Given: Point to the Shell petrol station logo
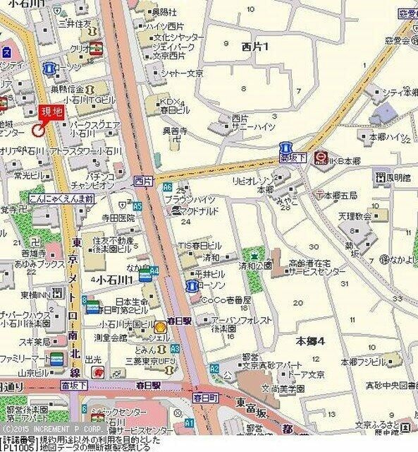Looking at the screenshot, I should click(161, 326).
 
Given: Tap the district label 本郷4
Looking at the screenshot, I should click(310, 340).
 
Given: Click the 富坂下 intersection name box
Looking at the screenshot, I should click(74, 386).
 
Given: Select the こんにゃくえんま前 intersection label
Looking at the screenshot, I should click(62, 198).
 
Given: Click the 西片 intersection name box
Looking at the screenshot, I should click(142, 182).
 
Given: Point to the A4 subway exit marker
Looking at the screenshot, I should click(154, 269).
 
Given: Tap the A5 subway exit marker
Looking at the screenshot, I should click(137, 206).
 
